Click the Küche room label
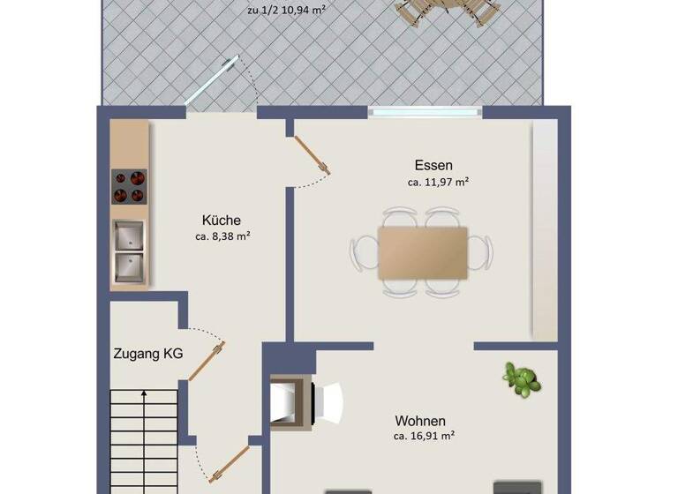pyautogui.click(x=221, y=221)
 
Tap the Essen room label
pyautogui.click(x=433, y=165)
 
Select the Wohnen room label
pyautogui.click(x=420, y=421)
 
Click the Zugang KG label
pyautogui.click(x=147, y=354)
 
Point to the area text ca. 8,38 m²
pyautogui.click(x=223, y=236)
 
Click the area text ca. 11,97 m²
pyautogui.click(x=438, y=183)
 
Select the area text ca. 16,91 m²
pyautogui.click(x=425, y=436)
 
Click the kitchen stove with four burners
pyautogui.click(x=129, y=187)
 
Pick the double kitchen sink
pyautogui.click(x=129, y=250)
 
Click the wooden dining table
pyautogui.click(x=423, y=252)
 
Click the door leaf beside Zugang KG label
pyautogui.click(x=207, y=362)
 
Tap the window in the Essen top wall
pyautogui.click(x=425, y=111)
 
